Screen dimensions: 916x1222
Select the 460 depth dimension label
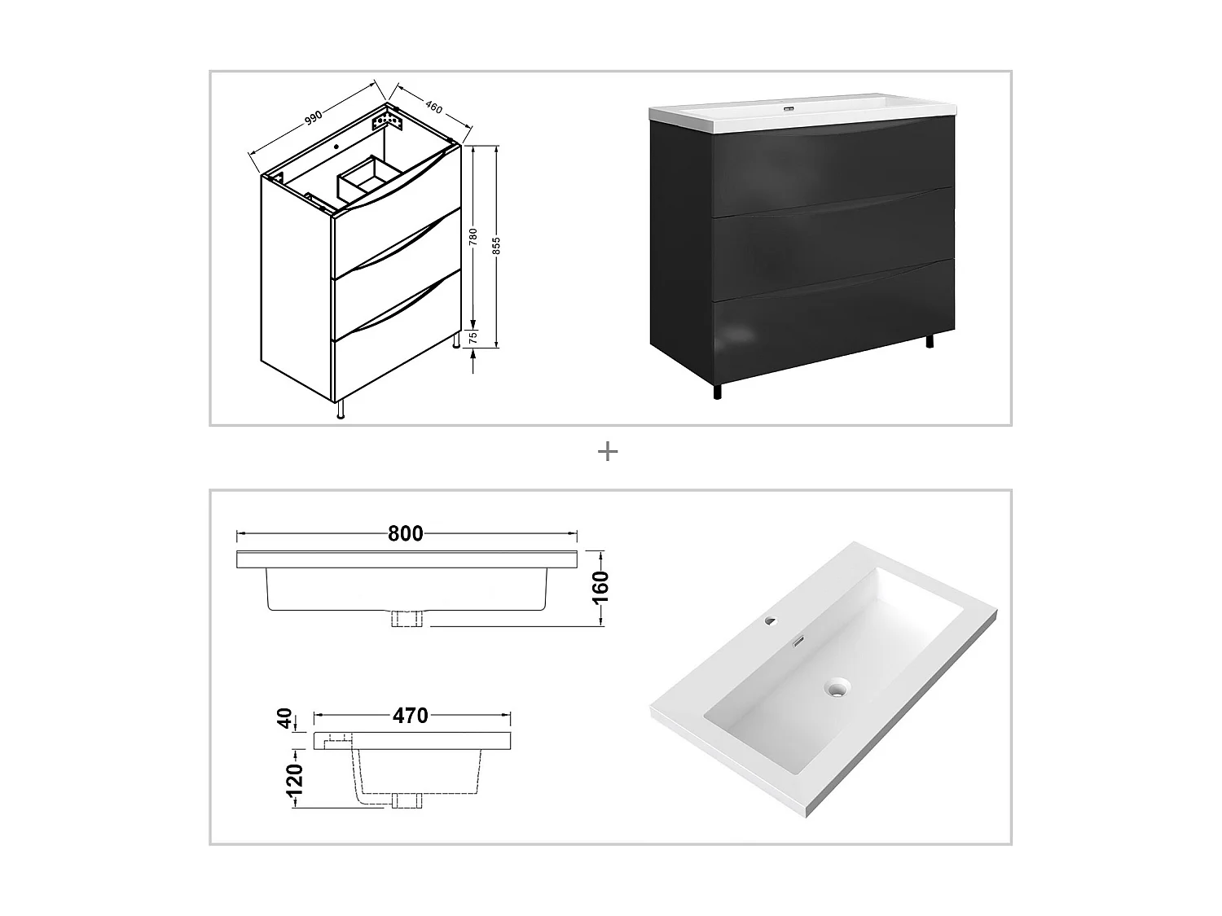point(433,106)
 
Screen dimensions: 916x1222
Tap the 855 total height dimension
point(499,244)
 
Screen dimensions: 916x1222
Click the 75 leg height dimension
point(473,338)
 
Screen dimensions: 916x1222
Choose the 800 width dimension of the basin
point(405,534)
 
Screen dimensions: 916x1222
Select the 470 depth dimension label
point(410,716)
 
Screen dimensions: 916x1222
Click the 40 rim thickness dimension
point(285,719)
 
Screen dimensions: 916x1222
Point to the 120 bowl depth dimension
point(295,779)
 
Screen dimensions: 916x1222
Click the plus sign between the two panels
point(608,452)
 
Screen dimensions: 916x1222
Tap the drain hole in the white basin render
point(833,688)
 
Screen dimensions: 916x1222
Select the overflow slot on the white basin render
point(799,642)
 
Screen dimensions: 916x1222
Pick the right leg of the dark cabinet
point(929,340)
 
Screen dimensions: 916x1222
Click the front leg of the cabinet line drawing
point(341,410)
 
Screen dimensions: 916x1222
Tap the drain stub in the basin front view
point(407,619)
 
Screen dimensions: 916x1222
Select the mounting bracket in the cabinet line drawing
point(387,123)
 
